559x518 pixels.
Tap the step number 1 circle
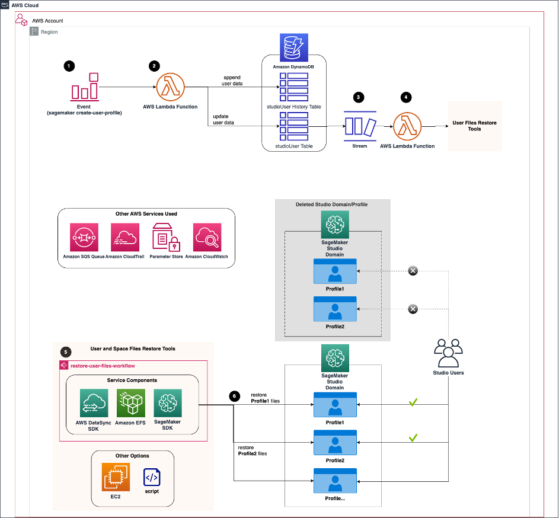pos(70,66)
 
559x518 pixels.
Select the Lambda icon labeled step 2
pos(171,88)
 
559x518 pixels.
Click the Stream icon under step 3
pos(360,126)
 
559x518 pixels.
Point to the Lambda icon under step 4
pos(408,126)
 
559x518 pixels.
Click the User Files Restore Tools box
pos(474,126)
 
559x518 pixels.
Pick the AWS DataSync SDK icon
pos(94,403)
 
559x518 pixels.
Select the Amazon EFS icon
pos(131,403)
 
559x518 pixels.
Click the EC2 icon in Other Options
pos(116,477)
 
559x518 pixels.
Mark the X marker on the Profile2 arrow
pos(413,309)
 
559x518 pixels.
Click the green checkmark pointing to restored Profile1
pos(414,403)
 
